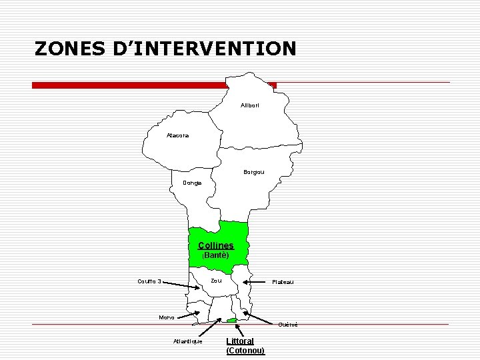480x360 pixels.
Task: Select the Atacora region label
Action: (x=177, y=135)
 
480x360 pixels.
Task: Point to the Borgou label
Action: (x=253, y=172)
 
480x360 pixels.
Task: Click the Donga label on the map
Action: (x=195, y=183)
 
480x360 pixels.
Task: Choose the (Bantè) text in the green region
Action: (x=215, y=255)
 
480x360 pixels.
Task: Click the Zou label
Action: (x=216, y=281)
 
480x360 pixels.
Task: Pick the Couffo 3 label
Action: (x=149, y=281)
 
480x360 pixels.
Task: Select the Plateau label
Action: (x=282, y=282)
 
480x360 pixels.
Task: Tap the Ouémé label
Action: (x=287, y=325)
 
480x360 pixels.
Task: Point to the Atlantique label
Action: (x=187, y=341)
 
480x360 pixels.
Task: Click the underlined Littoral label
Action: (x=240, y=341)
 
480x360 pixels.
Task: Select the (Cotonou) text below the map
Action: (x=245, y=351)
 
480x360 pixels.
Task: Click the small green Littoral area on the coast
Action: (x=231, y=321)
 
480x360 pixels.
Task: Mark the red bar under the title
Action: (x=153, y=85)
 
